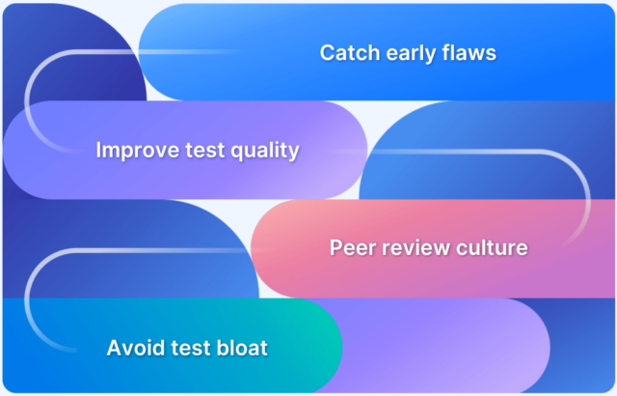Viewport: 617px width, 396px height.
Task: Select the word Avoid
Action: (135, 347)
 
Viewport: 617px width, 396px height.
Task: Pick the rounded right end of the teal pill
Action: (323, 347)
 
